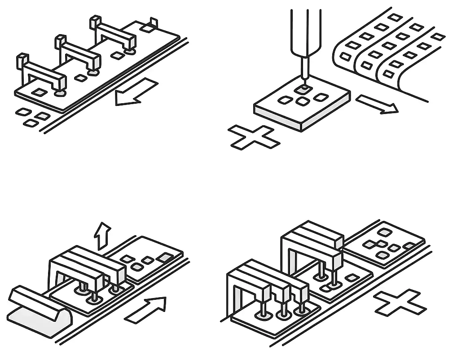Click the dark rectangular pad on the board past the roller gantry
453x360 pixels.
click(x=165, y=257)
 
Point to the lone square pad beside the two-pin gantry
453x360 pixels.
click(x=351, y=278)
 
